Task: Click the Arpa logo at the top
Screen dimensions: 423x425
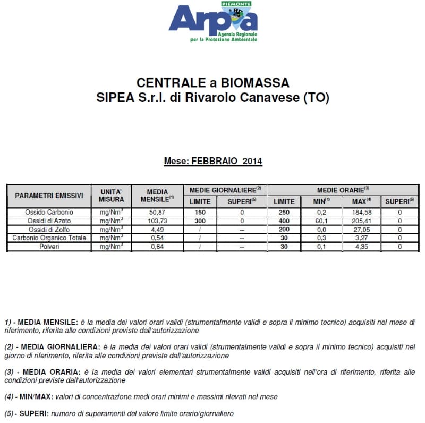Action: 212,22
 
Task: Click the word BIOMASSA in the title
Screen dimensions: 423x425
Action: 256,83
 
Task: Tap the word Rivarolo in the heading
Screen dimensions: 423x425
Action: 232,98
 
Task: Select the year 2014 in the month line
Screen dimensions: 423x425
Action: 252,161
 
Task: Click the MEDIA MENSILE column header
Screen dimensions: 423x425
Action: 157,196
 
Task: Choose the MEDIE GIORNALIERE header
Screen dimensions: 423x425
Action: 225,189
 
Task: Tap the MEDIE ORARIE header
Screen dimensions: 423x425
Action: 343,189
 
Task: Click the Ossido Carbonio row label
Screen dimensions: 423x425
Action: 49,213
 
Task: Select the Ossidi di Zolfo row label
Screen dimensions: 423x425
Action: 49,230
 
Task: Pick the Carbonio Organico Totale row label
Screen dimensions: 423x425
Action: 49,238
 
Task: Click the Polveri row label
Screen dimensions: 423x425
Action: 49,247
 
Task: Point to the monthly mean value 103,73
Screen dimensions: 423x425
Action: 157,221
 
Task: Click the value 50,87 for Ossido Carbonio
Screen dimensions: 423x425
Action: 157,213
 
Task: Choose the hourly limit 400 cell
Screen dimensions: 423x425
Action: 284,221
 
